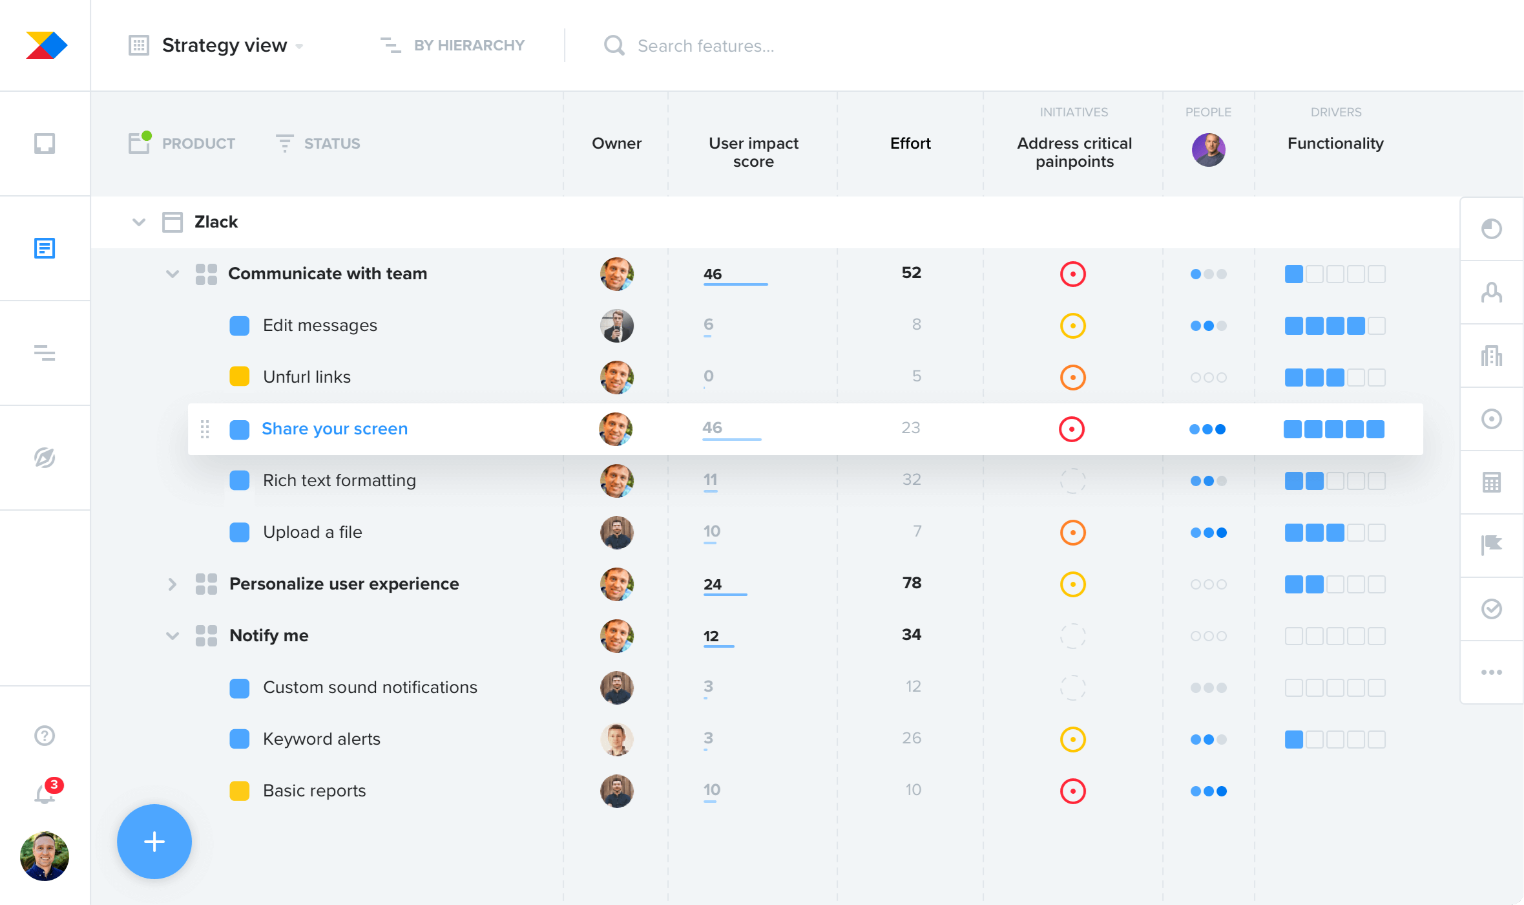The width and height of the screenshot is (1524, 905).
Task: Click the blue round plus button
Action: click(154, 842)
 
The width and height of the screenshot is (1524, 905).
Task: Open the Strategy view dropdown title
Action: click(224, 45)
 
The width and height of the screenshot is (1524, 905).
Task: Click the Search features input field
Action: click(705, 46)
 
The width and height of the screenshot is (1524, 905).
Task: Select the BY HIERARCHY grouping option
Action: click(468, 45)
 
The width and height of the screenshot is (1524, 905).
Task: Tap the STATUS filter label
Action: click(331, 144)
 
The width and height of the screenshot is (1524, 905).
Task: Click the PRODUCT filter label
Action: click(198, 144)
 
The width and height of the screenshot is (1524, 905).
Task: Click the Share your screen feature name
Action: click(335, 429)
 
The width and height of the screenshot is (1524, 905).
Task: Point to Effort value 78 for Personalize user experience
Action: click(912, 583)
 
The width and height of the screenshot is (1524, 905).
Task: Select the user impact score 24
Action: click(713, 584)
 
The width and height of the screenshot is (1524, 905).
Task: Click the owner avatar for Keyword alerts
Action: click(617, 740)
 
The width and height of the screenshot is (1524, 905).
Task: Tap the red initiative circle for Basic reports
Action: click(1072, 791)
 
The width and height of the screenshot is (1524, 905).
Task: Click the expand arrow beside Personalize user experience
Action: click(172, 584)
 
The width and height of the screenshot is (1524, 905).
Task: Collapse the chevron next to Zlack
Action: click(139, 222)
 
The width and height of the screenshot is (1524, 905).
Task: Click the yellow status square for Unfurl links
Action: click(240, 376)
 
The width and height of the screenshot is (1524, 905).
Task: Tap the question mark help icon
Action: click(45, 736)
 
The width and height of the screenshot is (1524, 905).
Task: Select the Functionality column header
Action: click(1335, 144)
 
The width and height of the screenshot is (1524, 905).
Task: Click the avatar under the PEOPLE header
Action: click(1208, 150)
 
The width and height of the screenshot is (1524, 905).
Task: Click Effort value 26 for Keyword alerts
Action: click(912, 738)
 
